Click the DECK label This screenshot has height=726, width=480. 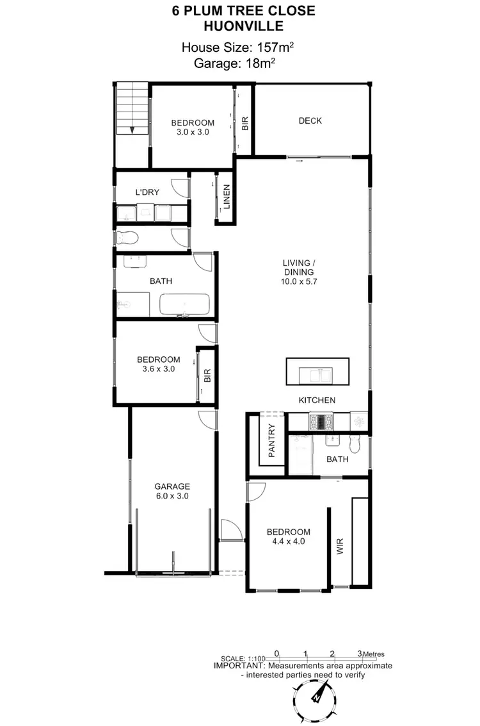point(310,121)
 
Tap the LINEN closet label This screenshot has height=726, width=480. point(227,197)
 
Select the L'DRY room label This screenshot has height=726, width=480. point(147,192)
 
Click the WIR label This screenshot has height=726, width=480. point(340,547)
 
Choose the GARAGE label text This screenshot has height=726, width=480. point(172,486)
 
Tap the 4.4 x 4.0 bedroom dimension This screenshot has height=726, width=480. point(289,541)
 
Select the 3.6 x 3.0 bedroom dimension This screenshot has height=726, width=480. point(158,369)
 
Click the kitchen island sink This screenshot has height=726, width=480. point(317,374)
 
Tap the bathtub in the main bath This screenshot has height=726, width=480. point(184,306)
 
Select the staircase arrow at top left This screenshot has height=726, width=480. point(132,129)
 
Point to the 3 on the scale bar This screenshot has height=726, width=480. point(360,654)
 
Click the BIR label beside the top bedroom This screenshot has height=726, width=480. point(245,124)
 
